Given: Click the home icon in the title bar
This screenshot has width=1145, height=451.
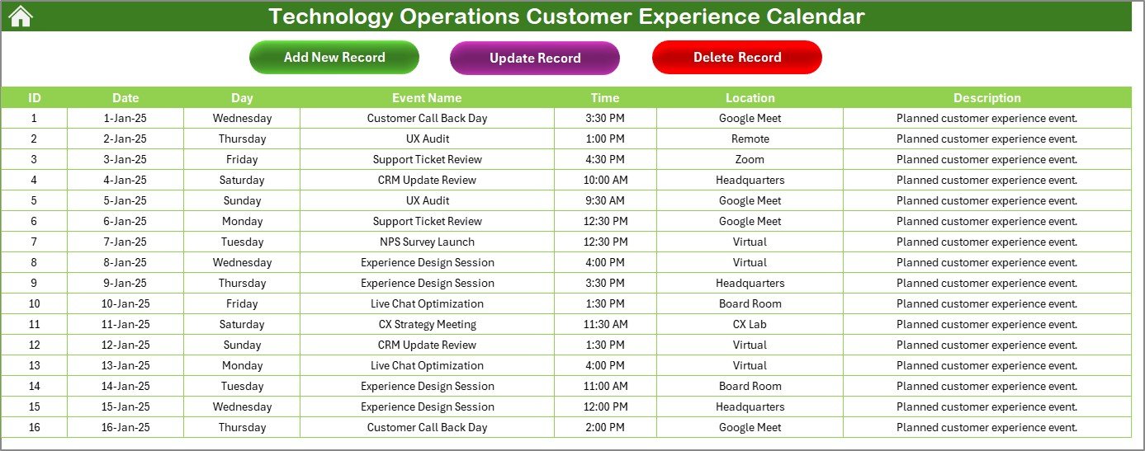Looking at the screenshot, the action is click(x=21, y=16).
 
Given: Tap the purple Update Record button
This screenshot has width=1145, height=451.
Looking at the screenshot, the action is click(x=535, y=58).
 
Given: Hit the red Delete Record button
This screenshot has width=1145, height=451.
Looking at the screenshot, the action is click(x=737, y=57).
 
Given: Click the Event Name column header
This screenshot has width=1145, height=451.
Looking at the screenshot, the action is click(x=427, y=97).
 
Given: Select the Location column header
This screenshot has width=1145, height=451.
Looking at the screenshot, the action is click(x=750, y=97).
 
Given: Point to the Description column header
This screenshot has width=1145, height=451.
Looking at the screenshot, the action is click(x=987, y=97).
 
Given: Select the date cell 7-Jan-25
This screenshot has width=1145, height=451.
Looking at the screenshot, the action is click(x=125, y=242).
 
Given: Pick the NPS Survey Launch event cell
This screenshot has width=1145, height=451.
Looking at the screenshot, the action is click(x=427, y=242).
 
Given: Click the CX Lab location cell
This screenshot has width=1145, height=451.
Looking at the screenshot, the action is click(x=750, y=324).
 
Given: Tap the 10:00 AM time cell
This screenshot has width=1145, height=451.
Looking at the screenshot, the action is click(x=605, y=180).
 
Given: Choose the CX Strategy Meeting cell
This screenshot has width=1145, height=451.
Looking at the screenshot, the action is click(x=427, y=324).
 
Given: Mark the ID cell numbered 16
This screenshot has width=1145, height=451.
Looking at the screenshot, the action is click(x=34, y=428).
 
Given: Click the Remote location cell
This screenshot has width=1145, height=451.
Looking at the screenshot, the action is click(x=750, y=139).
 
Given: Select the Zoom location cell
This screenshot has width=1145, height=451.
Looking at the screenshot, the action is click(x=750, y=159).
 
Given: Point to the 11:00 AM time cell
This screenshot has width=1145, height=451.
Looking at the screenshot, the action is click(x=605, y=386).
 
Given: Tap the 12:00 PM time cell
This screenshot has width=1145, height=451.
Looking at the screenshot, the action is click(x=605, y=406).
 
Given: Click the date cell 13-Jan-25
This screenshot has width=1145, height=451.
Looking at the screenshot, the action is click(x=125, y=366).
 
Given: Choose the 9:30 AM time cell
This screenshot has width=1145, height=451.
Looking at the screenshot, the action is click(x=605, y=200).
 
